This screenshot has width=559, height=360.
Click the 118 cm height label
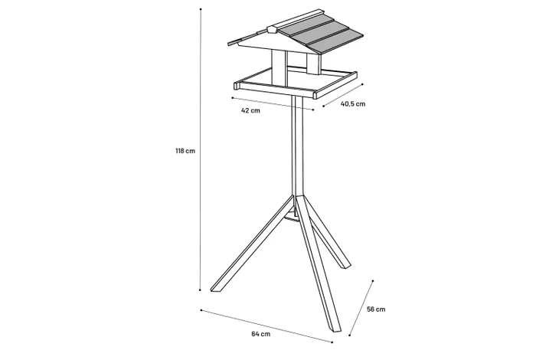[185, 151]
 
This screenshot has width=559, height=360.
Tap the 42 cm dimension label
[250, 110]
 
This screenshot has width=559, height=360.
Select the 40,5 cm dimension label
[353, 104]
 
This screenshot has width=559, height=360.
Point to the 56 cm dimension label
[376, 309]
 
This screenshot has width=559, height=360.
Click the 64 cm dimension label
[260, 334]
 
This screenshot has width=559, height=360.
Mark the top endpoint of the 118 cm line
[201, 9]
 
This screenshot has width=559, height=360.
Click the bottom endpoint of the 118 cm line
[200, 290]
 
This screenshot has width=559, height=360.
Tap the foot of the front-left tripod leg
[214, 290]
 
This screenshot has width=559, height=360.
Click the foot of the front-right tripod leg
[336, 329]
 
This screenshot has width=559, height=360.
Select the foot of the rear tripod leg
[345, 266]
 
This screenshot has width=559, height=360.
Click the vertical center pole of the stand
[297, 146]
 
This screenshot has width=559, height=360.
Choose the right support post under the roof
[313, 64]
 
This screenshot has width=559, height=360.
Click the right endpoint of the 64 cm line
[332, 342]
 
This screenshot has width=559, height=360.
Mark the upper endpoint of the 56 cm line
[373, 281]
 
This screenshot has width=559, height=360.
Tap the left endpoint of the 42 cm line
[233, 97]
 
